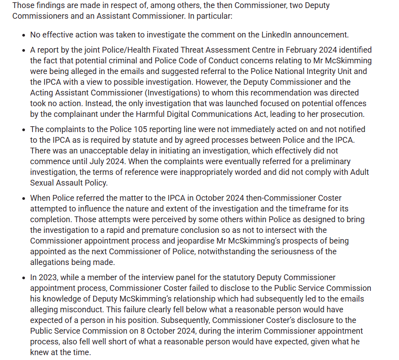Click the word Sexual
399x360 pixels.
click(x=42, y=183)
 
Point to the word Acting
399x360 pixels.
click(x=42, y=93)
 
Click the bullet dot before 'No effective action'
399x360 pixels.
click(x=24, y=35)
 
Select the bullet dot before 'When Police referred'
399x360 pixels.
click(x=24, y=199)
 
